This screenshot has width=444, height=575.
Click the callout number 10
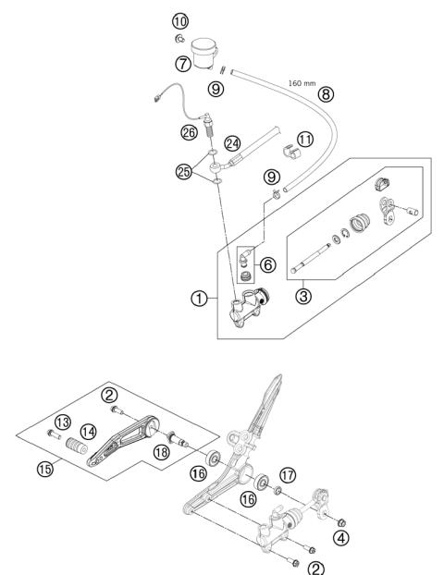[179, 19]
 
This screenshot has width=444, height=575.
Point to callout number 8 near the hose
[325, 94]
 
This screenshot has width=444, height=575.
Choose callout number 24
[233, 143]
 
